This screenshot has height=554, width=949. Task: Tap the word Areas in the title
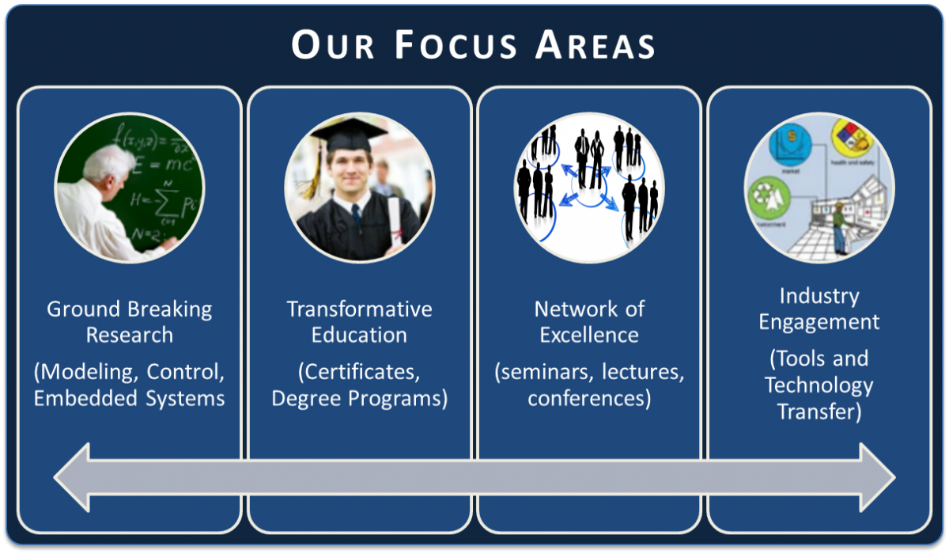pyautogui.click(x=595, y=45)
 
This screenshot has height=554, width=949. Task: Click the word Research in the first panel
pyautogui.click(x=130, y=335)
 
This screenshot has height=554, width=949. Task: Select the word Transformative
pyautogui.click(x=359, y=309)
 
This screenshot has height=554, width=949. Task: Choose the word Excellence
pyautogui.click(x=589, y=335)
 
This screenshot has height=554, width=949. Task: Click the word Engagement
pyautogui.click(x=819, y=322)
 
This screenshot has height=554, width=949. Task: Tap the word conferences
pyautogui.click(x=589, y=397)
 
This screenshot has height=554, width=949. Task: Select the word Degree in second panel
pyautogui.click(x=305, y=397)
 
